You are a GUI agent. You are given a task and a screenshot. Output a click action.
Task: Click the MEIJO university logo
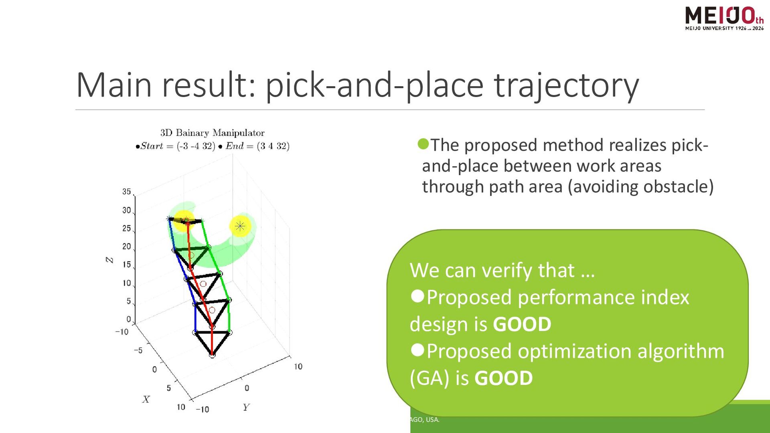tap(724, 18)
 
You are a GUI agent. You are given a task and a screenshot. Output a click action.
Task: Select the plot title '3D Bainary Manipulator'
tap(213, 133)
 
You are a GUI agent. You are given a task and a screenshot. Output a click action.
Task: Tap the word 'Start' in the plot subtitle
tap(152, 146)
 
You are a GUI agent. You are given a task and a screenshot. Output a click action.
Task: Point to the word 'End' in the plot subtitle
tap(235, 146)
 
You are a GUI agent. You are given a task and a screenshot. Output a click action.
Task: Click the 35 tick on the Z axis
tap(127, 192)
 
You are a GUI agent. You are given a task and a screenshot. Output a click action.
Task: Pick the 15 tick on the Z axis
tap(127, 265)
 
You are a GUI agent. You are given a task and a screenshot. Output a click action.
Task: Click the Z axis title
tap(109, 260)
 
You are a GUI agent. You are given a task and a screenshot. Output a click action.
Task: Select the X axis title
tap(146, 399)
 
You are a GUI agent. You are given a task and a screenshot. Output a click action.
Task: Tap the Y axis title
tap(246, 407)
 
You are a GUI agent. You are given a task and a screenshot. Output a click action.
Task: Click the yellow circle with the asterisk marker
tap(240, 226)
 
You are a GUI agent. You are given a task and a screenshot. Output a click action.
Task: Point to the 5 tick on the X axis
tap(169, 388)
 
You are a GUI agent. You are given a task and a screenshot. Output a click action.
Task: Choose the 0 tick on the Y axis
tap(247, 388)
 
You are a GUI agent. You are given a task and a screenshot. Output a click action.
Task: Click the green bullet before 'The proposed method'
tap(423, 144)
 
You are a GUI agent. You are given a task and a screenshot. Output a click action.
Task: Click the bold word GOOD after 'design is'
tap(522, 324)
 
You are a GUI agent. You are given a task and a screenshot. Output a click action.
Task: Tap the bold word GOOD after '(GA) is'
tap(504, 378)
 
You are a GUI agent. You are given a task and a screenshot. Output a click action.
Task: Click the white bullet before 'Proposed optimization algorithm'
tap(417, 350)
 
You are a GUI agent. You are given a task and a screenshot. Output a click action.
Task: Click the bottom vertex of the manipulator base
tap(212, 355)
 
